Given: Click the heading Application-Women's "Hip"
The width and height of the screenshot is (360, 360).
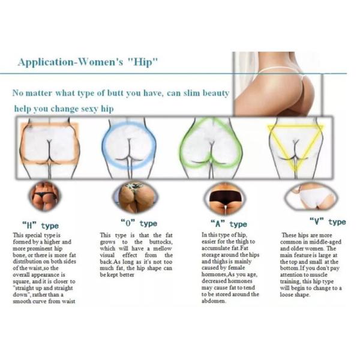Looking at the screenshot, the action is [x=88, y=62].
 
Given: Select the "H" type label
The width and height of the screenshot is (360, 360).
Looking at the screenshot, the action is [x=40, y=226].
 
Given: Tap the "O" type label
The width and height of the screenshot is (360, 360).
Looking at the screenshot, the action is [x=139, y=223].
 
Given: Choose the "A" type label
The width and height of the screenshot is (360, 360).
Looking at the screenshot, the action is [x=229, y=224].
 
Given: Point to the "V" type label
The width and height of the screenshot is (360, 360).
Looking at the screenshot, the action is [x=328, y=222].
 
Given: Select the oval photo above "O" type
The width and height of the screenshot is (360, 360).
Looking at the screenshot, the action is [x=136, y=197].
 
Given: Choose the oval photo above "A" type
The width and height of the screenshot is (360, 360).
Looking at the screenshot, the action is [x=225, y=198].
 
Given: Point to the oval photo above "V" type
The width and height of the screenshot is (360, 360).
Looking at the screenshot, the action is [x=311, y=197].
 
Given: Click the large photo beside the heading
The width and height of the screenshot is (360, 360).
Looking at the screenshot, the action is [x=278, y=84].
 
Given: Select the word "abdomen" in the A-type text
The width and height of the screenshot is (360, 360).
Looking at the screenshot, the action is [x=214, y=301].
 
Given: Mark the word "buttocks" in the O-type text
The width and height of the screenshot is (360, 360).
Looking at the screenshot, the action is [x=161, y=242].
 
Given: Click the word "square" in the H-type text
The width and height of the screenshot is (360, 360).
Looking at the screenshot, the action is [x=21, y=281].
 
